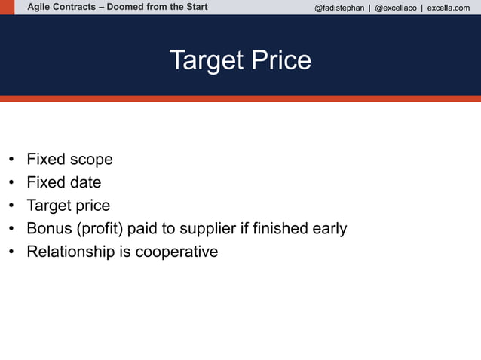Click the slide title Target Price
(x=240, y=59)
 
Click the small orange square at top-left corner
(x=7, y=7)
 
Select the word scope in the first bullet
(x=91, y=160)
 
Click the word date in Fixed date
(x=85, y=182)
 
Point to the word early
(x=329, y=228)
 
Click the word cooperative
(x=176, y=252)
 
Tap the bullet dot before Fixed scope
(x=11, y=160)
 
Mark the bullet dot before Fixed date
(x=11, y=183)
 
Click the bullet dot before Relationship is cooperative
(x=11, y=252)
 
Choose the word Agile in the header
(x=40, y=8)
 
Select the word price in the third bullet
(x=93, y=206)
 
